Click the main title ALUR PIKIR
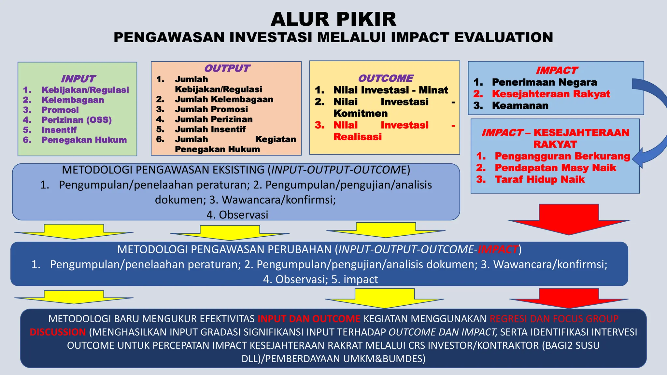[333, 19]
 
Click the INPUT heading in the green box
[78, 79]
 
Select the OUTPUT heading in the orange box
[227, 68]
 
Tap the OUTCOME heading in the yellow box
[385, 78]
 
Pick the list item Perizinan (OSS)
[77, 120]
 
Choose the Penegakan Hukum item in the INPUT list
[84, 140]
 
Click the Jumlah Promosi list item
[211, 109]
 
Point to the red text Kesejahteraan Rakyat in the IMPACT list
[551, 94]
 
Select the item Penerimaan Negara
[544, 82]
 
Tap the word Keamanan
[520, 105]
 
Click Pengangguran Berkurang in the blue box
[562, 156]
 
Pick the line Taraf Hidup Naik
[540, 179]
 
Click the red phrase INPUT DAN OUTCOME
[309, 319]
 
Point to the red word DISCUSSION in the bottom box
[58, 332]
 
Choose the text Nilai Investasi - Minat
[390, 90]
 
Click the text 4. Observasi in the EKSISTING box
[237, 215]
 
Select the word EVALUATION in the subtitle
[504, 37]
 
